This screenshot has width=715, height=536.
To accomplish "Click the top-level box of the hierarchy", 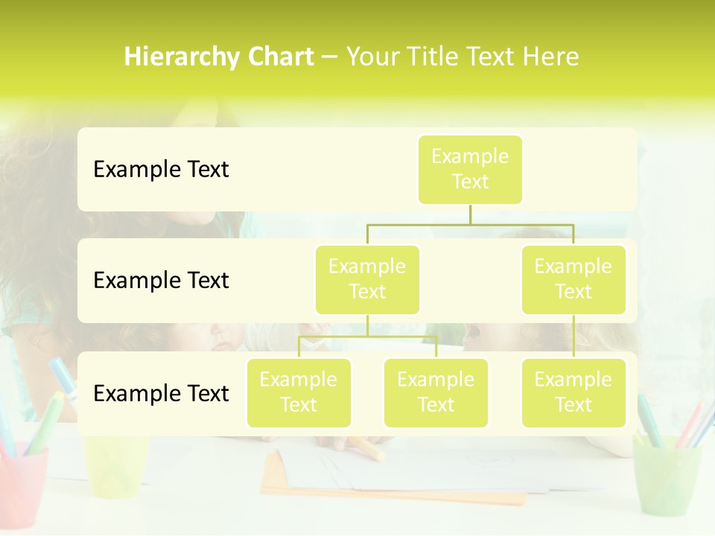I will pyautogui.click(x=470, y=169).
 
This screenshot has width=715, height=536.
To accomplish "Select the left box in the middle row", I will pyautogui.click(x=367, y=279).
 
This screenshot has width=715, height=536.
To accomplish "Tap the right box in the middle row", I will pyautogui.click(x=573, y=279).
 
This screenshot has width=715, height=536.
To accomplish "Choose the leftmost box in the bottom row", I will pyautogui.click(x=299, y=392).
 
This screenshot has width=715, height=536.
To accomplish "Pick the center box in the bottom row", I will pyautogui.click(x=436, y=392).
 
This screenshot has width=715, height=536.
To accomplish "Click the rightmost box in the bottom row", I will pyautogui.click(x=573, y=392).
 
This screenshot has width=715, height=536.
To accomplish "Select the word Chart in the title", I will pyautogui.click(x=280, y=57).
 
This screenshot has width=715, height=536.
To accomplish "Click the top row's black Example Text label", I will pyautogui.click(x=161, y=169).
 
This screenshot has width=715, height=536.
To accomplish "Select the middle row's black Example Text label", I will pyautogui.click(x=161, y=280).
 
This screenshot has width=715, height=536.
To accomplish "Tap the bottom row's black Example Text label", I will pyautogui.click(x=161, y=393).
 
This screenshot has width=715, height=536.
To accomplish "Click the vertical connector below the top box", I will pyautogui.click(x=470, y=214).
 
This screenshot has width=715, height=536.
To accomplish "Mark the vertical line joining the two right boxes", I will pyautogui.click(x=573, y=336).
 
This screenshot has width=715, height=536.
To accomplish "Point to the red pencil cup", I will pyautogui.click(x=22, y=480).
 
